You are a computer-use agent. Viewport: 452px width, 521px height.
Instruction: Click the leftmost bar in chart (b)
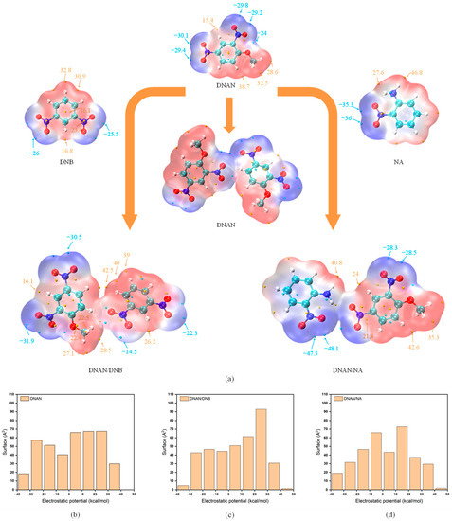tap(23, 481)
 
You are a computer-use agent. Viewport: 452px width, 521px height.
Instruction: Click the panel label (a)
tap(226, 379)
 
